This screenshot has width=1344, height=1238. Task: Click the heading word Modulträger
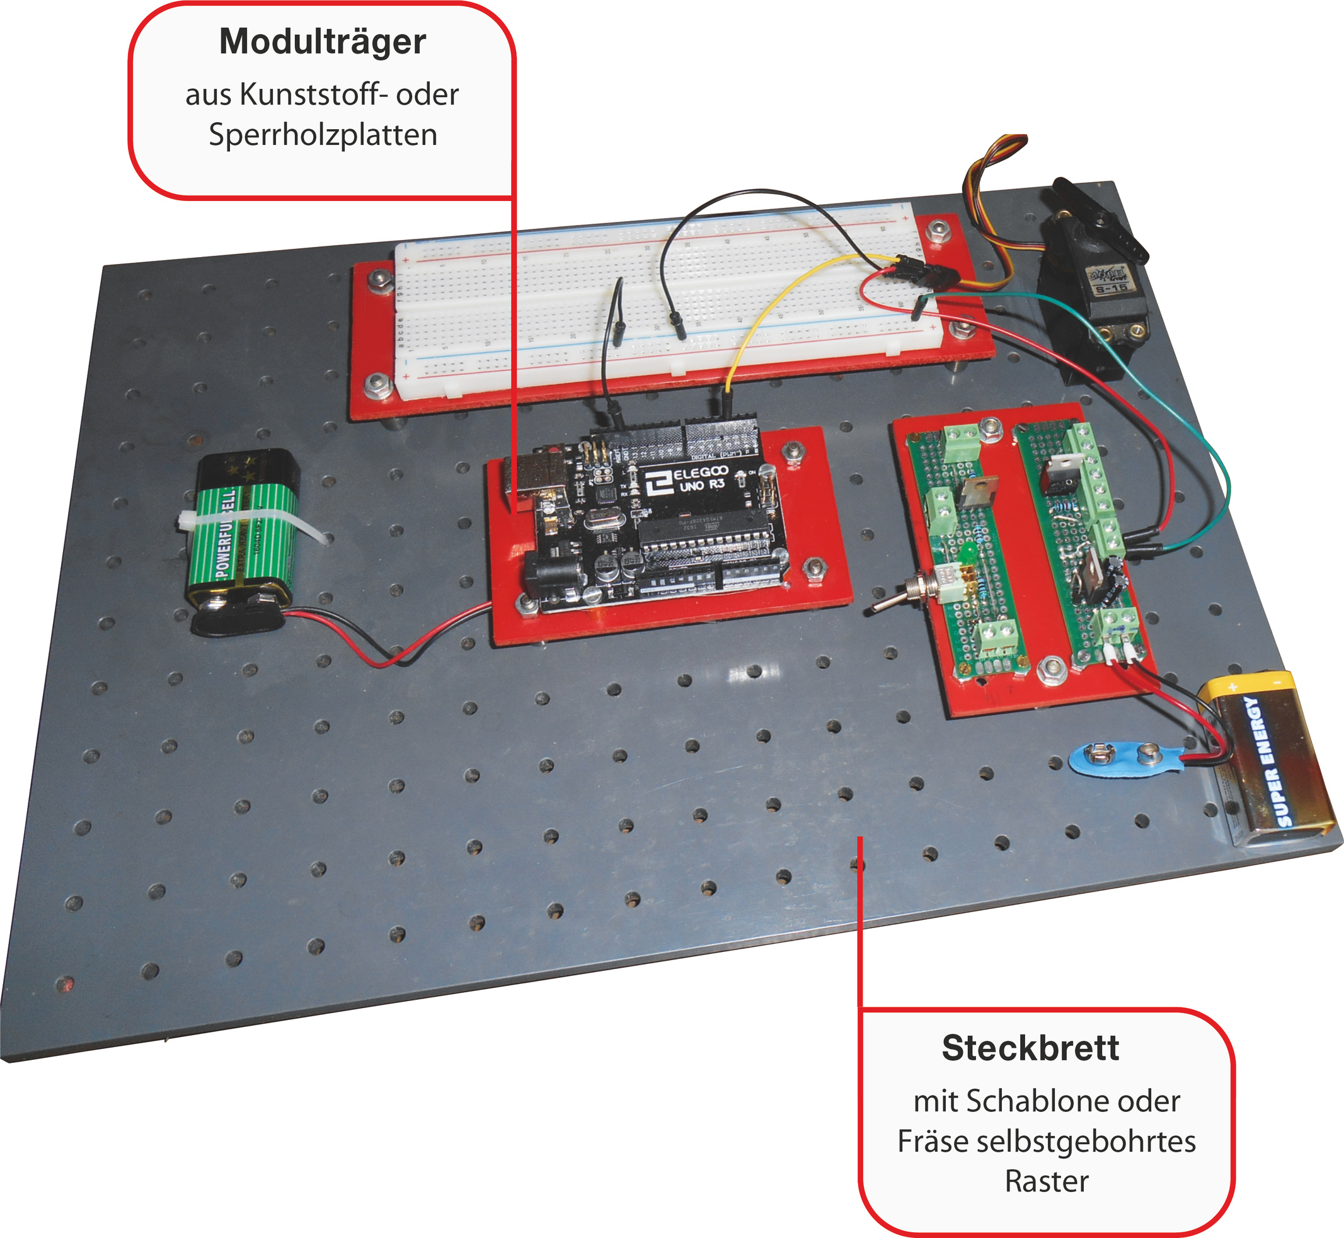click(322, 42)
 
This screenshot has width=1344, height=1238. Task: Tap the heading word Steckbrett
click(1030, 1048)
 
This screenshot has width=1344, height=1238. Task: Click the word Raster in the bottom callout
click(1047, 1181)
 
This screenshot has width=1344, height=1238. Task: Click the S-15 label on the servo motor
click(1110, 288)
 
